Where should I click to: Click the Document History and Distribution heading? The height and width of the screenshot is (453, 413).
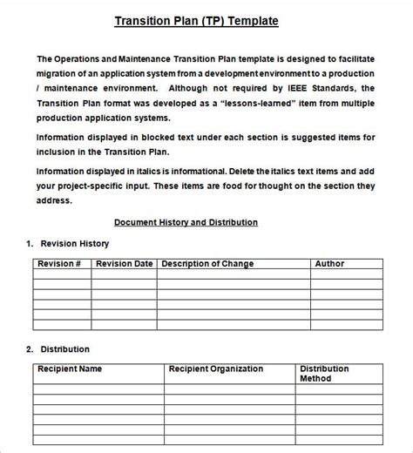(x=186, y=222)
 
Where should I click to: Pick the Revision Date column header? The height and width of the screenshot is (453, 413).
(x=124, y=263)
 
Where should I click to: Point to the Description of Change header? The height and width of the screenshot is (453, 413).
(x=207, y=263)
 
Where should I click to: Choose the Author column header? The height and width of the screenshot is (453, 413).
(x=328, y=263)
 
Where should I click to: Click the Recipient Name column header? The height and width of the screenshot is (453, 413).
(x=70, y=368)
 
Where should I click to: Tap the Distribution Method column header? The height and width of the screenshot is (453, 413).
(x=323, y=374)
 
